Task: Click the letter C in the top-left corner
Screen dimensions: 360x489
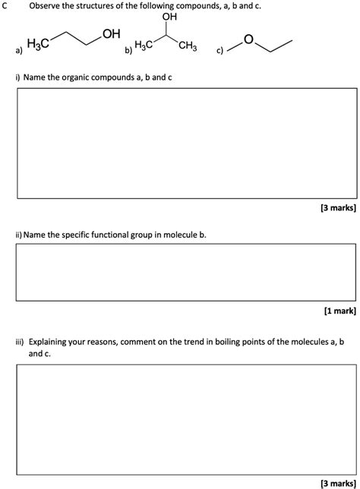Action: [5, 5]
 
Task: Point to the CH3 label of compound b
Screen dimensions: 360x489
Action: [188, 48]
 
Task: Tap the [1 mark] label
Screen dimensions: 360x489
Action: [339, 311]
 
